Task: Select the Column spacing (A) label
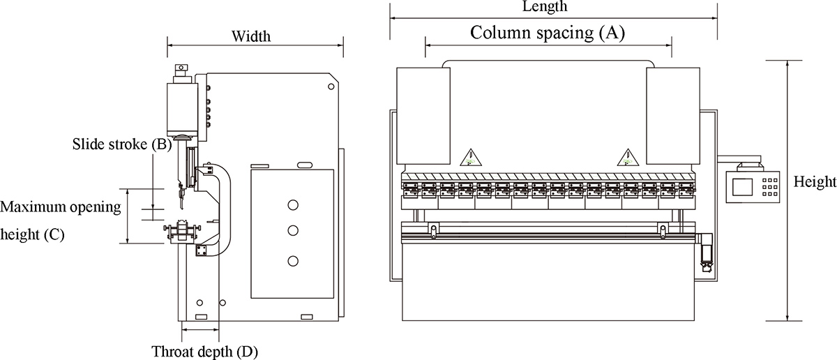click(548, 32)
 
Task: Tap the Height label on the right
click(815, 183)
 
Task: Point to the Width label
click(251, 36)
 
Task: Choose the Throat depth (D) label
click(205, 351)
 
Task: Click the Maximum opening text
click(61, 208)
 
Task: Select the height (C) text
click(33, 235)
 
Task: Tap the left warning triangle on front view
click(471, 156)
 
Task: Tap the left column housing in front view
click(423, 116)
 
